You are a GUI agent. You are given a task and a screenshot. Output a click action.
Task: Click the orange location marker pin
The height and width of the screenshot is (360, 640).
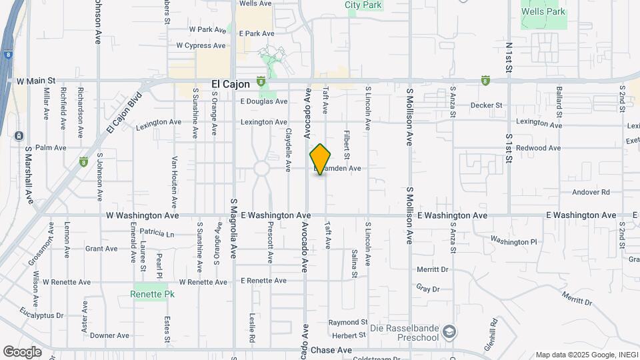pos(321,159)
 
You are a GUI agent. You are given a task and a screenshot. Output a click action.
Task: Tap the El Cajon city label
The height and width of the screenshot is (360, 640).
pos(230,84)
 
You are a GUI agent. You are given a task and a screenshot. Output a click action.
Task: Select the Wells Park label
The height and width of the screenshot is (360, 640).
pos(543,11)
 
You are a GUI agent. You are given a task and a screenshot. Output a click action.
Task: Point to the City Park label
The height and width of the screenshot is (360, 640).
pos(363,5)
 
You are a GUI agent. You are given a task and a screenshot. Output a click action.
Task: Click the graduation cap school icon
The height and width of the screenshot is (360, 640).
pos(450,332)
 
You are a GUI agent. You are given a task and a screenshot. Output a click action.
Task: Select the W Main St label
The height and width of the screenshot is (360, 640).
pos(35,81)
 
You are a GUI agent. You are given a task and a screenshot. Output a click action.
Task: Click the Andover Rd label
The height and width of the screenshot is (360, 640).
pos(591,192)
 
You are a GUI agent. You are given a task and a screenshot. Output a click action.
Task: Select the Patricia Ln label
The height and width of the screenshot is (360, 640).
pos(157,234)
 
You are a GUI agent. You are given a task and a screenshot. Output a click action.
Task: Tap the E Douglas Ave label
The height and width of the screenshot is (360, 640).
pos(263,101)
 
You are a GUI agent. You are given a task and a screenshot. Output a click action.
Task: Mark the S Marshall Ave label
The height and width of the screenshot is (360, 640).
pos(29,175)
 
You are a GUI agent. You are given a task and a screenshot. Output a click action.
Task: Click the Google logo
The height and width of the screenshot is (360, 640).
pos(22,352)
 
